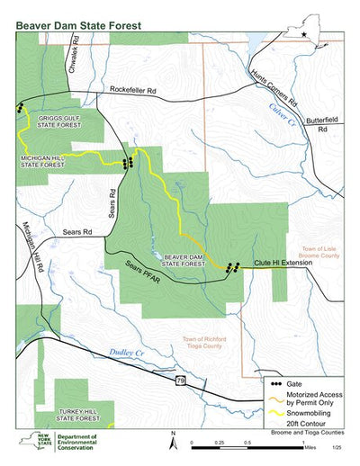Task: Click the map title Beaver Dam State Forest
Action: (x=78, y=26)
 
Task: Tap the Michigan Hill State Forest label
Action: (x=41, y=162)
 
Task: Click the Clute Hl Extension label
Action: (x=280, y=263)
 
